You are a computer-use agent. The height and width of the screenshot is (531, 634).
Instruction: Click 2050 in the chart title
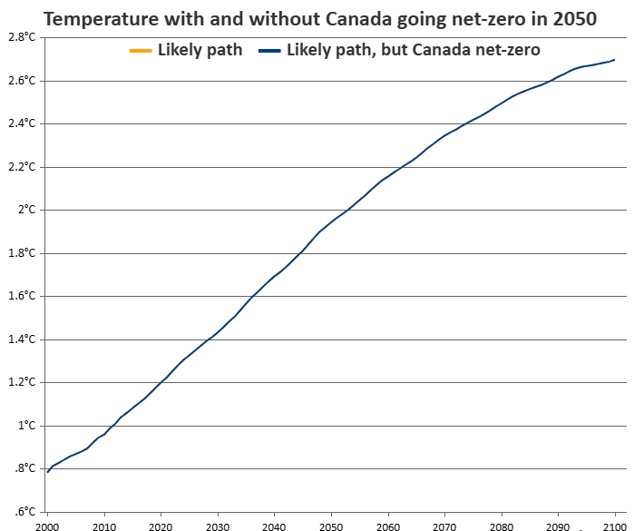(574, 18)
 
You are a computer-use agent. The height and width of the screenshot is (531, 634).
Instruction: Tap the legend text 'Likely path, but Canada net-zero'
(413, 50)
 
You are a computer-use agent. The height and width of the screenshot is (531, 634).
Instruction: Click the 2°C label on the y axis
(25, 210)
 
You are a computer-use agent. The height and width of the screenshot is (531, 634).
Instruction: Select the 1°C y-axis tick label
(25, 426)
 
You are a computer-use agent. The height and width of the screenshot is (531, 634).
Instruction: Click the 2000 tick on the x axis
(47, 525)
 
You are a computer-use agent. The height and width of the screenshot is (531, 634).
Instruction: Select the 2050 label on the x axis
(331, 525)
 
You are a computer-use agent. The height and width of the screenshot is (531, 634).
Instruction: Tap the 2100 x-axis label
(615, 525)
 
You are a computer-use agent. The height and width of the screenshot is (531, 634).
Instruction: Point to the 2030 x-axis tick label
(218, 525)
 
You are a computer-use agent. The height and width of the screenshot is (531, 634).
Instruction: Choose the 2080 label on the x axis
(502, 525)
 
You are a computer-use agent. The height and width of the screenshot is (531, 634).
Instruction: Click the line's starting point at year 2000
(47, 472)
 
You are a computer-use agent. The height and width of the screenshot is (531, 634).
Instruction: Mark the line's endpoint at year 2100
(615, 60)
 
